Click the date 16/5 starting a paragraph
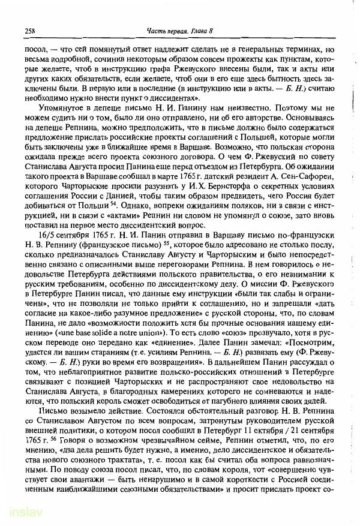click(x=45, y=236)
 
